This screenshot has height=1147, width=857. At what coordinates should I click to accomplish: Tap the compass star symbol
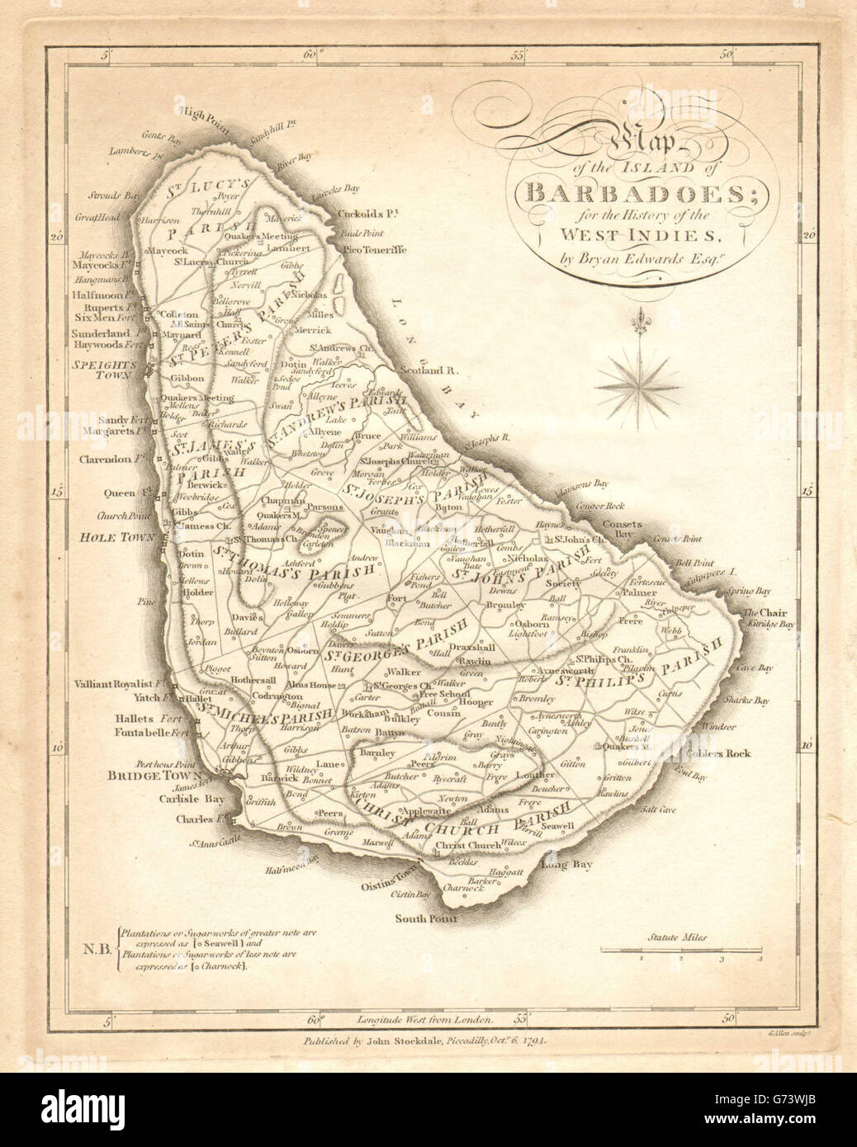coord(636,382)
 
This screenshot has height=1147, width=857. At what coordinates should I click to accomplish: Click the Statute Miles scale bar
coord(684,951)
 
